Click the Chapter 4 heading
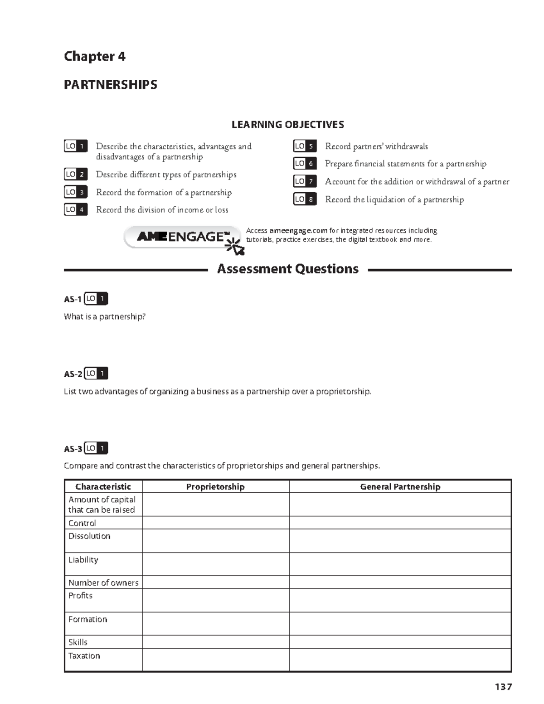(94, 56)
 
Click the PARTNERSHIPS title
(110, 85)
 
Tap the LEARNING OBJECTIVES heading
(287, 125)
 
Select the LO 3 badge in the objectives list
(75, 192)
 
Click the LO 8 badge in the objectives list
(305, 199)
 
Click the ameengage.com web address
(298, 231)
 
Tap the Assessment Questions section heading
(287, 269)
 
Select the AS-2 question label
(73, 374)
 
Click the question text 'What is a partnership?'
(105, 316)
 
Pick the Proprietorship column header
(215, 486)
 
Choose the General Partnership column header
(400, 486)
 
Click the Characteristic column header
(103, 486)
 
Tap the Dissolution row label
(89, 536)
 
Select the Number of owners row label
(103, 583)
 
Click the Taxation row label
(84, 655)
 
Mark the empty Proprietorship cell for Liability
(215, 564)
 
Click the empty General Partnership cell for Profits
(400, 600)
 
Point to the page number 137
(503, 687)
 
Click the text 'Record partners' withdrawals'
(376, 146)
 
